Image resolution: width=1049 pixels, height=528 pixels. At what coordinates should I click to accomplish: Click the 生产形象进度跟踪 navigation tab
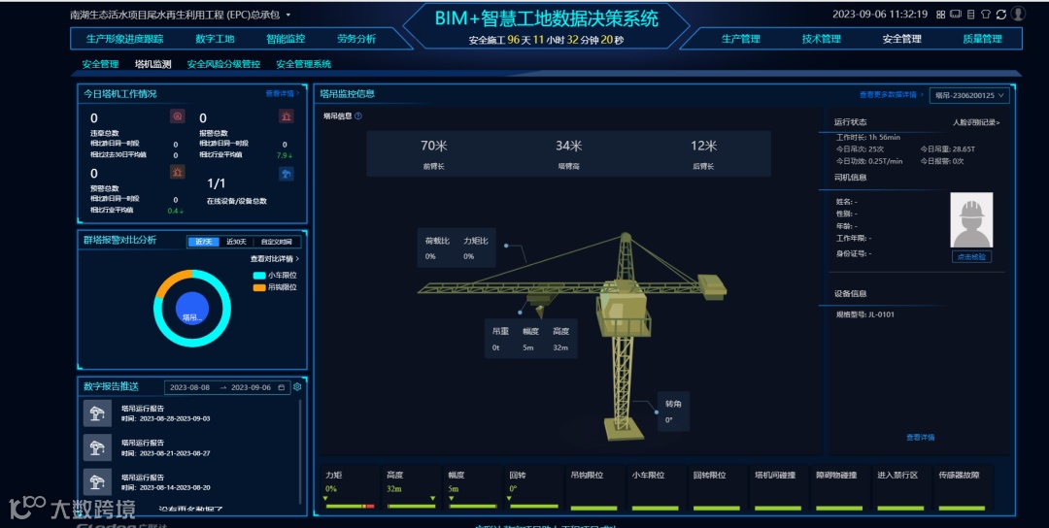click(x=124, y=39)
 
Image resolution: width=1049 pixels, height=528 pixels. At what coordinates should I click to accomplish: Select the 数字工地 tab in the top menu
click(x=215, y=39)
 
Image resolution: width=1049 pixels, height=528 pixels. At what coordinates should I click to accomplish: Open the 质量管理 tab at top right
click(x=982, y=39)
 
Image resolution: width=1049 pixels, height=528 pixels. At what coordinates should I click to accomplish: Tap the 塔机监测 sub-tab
click(x=152, y=64)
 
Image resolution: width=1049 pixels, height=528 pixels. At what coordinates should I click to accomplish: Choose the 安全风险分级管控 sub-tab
click(x=223, y=64)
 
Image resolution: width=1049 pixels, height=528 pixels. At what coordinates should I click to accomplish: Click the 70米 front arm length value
click(x=433, y=147)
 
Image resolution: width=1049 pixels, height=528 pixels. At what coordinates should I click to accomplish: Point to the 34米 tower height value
click(x=568, y=147)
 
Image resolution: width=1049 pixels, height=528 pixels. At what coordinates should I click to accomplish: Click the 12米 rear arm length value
click(x=703, y=147)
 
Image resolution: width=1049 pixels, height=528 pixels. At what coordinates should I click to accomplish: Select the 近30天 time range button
click(x=236, y=242)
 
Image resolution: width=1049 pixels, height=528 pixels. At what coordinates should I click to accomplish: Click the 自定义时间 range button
click(x=276, y=242)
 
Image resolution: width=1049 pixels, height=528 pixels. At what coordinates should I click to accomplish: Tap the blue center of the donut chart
click(x=192, y=309)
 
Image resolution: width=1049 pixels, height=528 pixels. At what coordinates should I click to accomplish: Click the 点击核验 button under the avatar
click(x=971, y=257)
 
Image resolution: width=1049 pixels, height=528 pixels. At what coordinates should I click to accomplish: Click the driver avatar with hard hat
click(x=971, y=221)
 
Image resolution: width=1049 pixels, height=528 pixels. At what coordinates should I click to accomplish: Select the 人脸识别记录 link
click(x=976, y=123)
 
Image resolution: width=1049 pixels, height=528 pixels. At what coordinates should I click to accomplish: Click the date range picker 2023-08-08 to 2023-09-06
click(x=226, y=387)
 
